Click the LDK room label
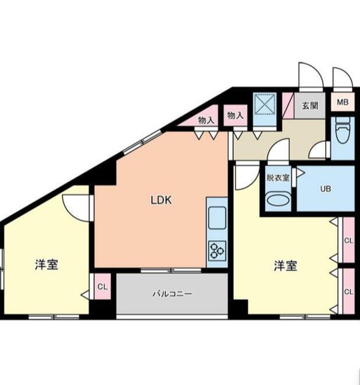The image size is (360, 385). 161,201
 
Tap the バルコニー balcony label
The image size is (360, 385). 171,294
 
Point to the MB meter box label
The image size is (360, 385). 342,102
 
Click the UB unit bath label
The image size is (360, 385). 325,189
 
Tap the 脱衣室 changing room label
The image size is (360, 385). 278,178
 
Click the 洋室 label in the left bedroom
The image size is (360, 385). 46,265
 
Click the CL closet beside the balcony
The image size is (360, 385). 102,287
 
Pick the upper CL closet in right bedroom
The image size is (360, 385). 348,241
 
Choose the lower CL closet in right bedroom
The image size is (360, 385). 348,292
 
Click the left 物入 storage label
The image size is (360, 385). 206,120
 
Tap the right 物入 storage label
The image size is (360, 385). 235,115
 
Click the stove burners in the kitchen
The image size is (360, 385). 216,249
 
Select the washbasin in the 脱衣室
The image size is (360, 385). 278,199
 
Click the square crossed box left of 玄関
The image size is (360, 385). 264,104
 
